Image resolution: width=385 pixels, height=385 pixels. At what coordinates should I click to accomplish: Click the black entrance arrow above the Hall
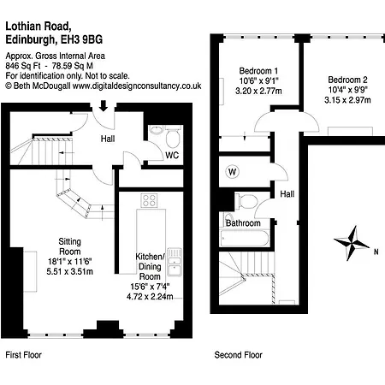pyautogui.click(x=104, y=106)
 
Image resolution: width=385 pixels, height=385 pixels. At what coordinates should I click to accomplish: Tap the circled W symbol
pyautogui.click(x=233, y=172)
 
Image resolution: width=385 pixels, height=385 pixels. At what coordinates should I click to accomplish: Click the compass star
pyautogui.click(x=352, y=243)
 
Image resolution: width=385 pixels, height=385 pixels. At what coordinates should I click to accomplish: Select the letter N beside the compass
pyautogui.click(x=376, y=252)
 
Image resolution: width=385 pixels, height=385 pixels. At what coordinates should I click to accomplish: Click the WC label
pyautogui.click(x=172, y=156)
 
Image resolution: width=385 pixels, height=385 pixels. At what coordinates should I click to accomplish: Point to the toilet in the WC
pyautogui.click(x=173, y=137)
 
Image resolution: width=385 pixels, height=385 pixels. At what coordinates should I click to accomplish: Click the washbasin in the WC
pyautogui.click(x=157, y=130)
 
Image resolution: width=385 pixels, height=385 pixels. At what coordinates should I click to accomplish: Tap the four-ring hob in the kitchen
pyautogui.click(x=149, y=200)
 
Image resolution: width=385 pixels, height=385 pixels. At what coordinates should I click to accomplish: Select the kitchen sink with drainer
pyautogui.click(x=175, y=262)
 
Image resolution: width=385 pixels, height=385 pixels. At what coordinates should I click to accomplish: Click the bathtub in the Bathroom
pyautogui.click(x=245, y=238)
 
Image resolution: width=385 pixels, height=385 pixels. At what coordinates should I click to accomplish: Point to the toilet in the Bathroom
pyautogui.click(x=246, y=201)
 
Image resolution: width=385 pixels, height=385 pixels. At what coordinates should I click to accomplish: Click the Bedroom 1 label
pyautogui.click(x=258, y=71)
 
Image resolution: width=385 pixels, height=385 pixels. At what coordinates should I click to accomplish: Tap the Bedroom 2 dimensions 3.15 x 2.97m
pyautogui.click(x=347, y=100)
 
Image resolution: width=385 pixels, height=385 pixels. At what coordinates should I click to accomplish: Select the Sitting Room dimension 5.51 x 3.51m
pyautogui.click(x=70, y=271)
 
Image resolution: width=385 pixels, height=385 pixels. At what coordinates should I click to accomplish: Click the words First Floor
pyautogui.click(x=24, y=355)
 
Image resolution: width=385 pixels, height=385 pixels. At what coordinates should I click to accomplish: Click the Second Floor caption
pyautogui.click(x=239, y=355)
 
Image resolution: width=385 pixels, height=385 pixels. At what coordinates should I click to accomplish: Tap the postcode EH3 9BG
pyautogui.click(x=82, y=39)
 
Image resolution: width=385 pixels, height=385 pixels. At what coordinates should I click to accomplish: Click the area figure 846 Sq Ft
pyautogui.click(x=23, y=66)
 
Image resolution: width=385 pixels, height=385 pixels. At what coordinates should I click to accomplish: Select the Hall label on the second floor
pyautogui.click(x=287, y=194)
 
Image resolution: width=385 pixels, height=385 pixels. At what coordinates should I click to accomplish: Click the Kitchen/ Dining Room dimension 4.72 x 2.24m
pyautogui.click(x=150, y=297)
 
